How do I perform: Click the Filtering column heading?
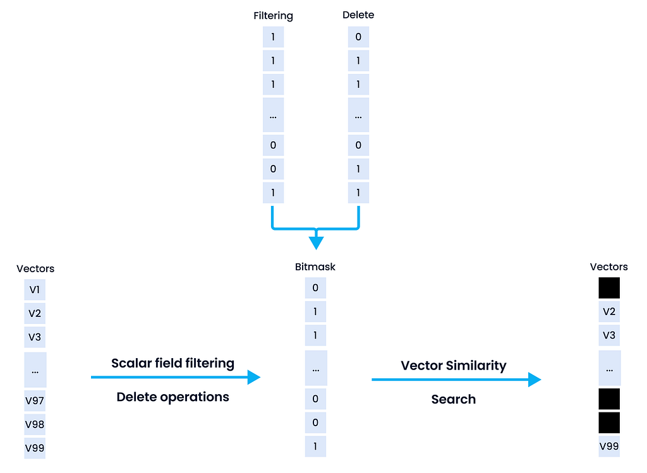pos(273,15)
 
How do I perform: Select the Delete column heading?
pos(358,15)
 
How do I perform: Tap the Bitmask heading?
pos(315,267)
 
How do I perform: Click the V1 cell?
pos(35,290)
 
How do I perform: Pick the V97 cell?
pos(35,400)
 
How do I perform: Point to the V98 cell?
pos(35,424)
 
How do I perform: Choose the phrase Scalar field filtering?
pos(172,363)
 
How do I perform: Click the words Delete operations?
pos(172,397)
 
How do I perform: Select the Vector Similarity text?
pos(454,366)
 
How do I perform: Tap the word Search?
pos(454,399)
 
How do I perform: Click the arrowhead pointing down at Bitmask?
pos(316,243)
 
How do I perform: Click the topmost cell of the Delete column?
pos(358,37)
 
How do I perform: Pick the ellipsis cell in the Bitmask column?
pos(315,368)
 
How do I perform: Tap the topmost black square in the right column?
pos(609,288)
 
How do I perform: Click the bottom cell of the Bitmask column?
pos(315,446)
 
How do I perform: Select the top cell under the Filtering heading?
pos(273,37)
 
